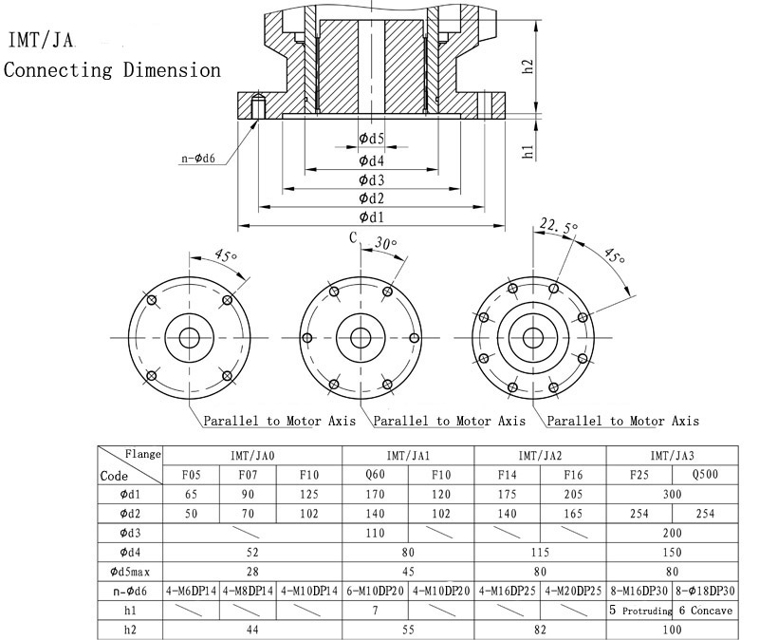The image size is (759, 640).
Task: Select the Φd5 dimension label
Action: pyautogui.click(x=371, y=140)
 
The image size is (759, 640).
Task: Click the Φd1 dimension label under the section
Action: pyautogui.click(x=371, y=217)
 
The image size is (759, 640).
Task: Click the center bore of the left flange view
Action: pyautogui.click(x=189, y=338)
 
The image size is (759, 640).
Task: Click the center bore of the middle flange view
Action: pyautogui.click(x=360, y=338)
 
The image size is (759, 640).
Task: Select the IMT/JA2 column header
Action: pyautogui.click(x=540, y=456)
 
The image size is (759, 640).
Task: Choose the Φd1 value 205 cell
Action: pyautogui.click(x=574, y=494)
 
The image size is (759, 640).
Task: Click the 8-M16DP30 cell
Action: pyautogui.click(x=639, y=591)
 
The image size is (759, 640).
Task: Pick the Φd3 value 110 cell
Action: pyautogui.click(x=374, y=533)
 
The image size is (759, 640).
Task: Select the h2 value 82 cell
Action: pyautogui.click(x=540, y=630)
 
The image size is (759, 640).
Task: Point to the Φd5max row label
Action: pyautogui.click(x=130, y=572)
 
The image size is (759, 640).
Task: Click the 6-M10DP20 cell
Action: pyautogui.click(x=374, y=591)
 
